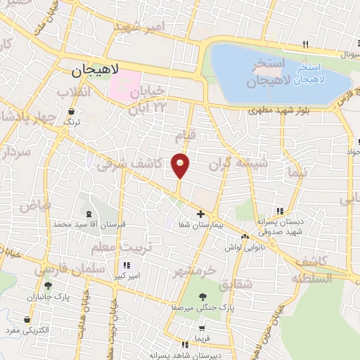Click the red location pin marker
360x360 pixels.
181,165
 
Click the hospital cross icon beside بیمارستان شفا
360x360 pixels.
200,214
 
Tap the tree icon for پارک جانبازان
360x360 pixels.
47,285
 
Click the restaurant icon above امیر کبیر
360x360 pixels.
127,265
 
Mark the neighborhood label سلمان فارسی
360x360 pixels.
59,270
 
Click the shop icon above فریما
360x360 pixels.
203,328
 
